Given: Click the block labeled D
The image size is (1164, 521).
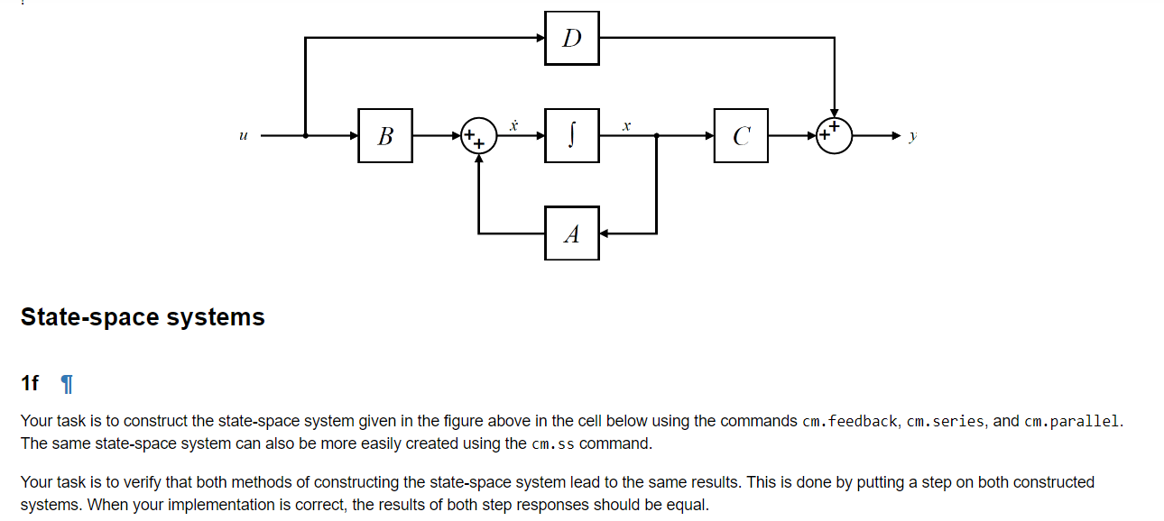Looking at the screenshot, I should tap(571, 38).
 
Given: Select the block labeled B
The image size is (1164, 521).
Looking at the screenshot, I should tap(385, 136).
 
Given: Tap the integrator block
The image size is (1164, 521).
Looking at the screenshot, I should tap(571, 136).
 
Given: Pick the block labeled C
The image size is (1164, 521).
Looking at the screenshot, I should tap(741, 136).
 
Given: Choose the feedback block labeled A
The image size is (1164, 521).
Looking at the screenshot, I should tap(571, 233).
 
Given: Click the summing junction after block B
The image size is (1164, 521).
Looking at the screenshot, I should tap(478, 136).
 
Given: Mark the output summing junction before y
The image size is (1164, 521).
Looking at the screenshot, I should tap(834, 136).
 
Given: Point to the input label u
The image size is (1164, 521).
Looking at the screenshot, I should tap(243, 136).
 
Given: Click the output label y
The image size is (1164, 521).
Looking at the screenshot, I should tap(913, 136).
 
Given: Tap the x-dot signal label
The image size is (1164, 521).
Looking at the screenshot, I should tap(513, 124).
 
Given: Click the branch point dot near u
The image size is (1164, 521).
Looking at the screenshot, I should tap(306, 136).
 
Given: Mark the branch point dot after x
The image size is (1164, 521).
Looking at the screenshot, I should tap(656, 136).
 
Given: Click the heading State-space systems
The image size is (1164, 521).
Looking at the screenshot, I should tap(143, 317).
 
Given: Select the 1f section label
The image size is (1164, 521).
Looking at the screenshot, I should tap(30, 383).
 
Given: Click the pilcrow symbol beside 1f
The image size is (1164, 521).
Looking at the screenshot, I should tap(66, 384).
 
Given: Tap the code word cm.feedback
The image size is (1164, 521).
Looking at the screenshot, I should tap(849, 421).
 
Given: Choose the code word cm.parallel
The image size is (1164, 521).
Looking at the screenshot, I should tap(1073, 421).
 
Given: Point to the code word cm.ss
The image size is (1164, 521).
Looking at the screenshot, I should tap(553, 443).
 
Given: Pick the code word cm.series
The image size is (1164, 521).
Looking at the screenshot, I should tap(945, 421).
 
